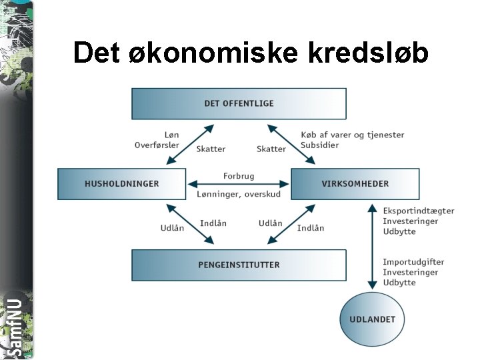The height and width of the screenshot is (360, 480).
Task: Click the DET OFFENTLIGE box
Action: pos(239,103)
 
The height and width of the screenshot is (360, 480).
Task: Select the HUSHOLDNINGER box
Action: pos(121,183)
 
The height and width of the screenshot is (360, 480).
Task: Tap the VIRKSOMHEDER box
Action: pos(355,183)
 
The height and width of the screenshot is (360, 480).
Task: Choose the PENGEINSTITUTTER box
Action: pos(239,265)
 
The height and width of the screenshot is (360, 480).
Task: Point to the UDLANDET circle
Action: pos(372,319)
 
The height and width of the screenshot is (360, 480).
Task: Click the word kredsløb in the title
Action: pos(368,52)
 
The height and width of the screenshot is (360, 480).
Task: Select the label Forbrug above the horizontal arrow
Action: pos(239,176)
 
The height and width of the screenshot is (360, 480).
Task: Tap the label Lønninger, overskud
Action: pos(239,194)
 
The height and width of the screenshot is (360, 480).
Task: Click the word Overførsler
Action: pos(157,145)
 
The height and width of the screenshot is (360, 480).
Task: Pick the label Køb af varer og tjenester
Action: pos(352,135)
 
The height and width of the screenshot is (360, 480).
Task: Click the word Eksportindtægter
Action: pos(419,211)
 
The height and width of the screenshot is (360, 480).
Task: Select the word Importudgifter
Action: pos(413,262)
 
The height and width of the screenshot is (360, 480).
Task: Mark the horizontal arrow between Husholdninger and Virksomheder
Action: pos(239,185)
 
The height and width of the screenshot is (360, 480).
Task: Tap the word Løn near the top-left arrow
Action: pos(171,135)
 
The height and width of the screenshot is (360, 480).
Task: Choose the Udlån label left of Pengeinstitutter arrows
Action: pos(172,228)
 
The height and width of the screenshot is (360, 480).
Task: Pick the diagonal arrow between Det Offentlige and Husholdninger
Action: pos(190,143)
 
